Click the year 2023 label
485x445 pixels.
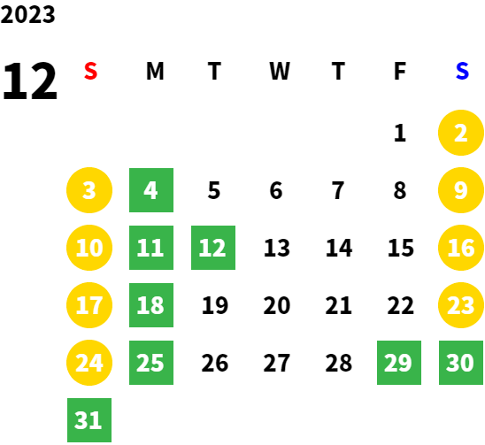click(x=27, y=14)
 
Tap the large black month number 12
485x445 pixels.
click(x=30, y=81)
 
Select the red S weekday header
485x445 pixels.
click(x=90, y=71)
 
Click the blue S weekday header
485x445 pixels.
click(x=462, y=71)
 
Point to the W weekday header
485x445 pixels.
click(x=280, y=71)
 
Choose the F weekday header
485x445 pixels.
click(x=400, y=71)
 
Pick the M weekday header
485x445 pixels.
click(x=155, y=71)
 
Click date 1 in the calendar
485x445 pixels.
click(x=400, y=133)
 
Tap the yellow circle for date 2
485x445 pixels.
click(x=461, y=133)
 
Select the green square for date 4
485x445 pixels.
click(x=151, y=190)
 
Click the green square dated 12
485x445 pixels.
click(x=213, y=248)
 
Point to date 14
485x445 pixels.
click(x=339, y=248)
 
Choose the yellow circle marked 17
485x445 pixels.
click(x=89, y=305)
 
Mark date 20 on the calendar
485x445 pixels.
click(x=277, y=305)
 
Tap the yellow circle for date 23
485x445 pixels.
click(x=461, y=305)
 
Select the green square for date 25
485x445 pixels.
click(x=151, y=363)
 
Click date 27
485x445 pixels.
click(x=277, y=363)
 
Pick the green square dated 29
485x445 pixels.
click(x=399, y=363)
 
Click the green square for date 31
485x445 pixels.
click(x=89, y=420)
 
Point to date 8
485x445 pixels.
click(x=400, y=190)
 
